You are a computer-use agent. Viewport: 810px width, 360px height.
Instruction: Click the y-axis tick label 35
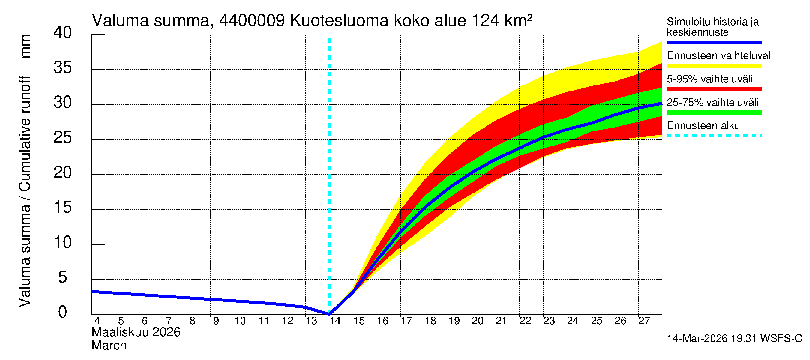point(63,68)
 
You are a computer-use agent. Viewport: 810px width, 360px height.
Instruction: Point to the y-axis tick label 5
point(63,277)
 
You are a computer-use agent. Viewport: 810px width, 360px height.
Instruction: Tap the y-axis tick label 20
point(63,172)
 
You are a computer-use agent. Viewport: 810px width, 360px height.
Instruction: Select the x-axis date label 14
point(335,321)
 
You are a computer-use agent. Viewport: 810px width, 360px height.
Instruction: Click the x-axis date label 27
point(644,321)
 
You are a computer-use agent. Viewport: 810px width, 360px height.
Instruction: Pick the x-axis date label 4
point(97,321)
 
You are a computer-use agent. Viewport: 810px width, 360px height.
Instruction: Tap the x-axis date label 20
point(477,321)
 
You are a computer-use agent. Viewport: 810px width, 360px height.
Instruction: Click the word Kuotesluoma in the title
point(339,21)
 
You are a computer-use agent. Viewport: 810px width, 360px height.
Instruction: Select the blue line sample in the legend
point(714,42)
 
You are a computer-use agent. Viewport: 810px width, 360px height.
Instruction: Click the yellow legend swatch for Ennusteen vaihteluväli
point(714,66)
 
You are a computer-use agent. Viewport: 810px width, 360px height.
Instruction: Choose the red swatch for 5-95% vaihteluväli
point(714,89)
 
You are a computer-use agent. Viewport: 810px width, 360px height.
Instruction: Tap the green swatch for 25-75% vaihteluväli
point(714,112)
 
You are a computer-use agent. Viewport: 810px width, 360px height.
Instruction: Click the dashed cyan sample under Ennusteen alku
point(714,136)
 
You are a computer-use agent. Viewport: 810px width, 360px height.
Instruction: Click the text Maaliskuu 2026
point(136,332)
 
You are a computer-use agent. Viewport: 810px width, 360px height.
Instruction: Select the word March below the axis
point(109,346)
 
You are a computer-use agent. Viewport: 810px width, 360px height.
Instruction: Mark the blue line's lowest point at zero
point(329,314)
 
